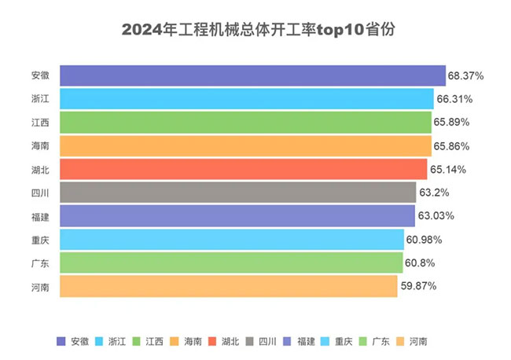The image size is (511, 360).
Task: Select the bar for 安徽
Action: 252,75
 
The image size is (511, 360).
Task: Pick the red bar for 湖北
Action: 243,169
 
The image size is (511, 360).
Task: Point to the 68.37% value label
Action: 465,75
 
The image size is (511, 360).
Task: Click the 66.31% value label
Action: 454,99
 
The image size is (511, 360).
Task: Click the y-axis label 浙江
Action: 41,99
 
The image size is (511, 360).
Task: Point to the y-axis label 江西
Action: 41,123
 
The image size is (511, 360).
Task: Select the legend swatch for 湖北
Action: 213,341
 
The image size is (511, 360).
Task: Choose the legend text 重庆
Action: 343,341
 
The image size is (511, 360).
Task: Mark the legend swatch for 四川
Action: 251,341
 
